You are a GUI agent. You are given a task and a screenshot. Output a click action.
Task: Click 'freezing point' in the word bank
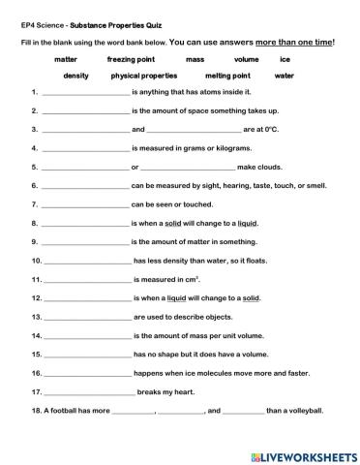(x=131, y=59)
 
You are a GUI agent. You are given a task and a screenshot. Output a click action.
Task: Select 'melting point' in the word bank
(x=227, y=75)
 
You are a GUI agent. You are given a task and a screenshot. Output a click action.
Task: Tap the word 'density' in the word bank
(x=75, y=75)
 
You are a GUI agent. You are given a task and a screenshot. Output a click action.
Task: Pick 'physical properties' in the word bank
(x=144, y=75)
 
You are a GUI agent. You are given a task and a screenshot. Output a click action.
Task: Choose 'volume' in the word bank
(x=247, y=59)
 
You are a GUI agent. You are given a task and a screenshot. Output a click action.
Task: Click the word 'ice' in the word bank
(x=285, y=59)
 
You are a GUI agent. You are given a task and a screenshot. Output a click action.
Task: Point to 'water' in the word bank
(x=284, y=75)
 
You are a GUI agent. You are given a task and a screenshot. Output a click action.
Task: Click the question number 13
(x=36, y=316)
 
